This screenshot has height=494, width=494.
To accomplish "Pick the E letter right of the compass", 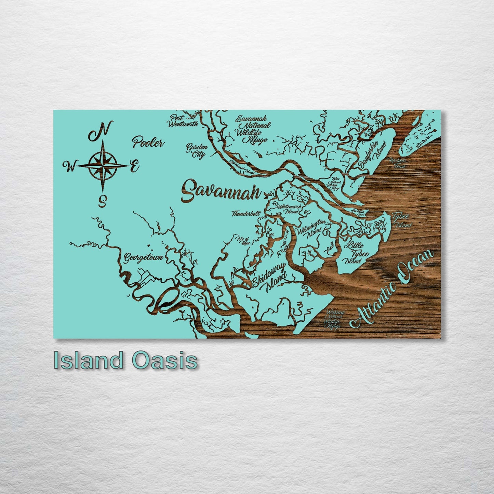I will tap(134, 166).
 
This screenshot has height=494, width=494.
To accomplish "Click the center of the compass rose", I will tap(103, 165).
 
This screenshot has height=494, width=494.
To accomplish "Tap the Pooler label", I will tap(148, 143).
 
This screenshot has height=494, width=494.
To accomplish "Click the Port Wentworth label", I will tap(183, 121).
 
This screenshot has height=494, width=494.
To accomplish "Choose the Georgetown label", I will tap(143, 257).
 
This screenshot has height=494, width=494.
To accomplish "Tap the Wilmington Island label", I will tap(311, 228).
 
